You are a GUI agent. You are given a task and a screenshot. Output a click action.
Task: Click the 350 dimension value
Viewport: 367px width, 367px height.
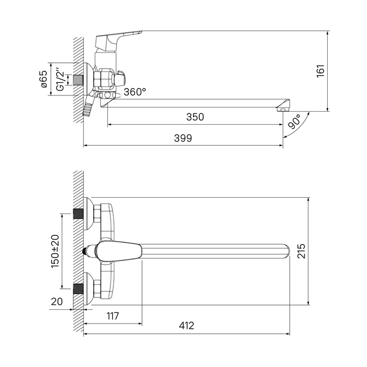[195, 117]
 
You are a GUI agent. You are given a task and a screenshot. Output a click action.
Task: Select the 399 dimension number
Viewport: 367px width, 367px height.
[183, 138]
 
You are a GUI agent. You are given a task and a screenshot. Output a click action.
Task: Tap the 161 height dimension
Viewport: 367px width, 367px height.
[321, 71]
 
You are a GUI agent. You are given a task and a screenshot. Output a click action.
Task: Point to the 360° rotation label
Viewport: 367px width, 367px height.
[135, 92]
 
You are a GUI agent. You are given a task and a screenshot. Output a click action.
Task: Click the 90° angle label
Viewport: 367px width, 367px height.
[295, 122]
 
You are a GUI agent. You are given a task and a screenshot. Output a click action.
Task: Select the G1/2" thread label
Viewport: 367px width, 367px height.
[60, 79]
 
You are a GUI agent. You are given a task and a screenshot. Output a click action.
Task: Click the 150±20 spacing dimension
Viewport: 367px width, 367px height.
[55, 251]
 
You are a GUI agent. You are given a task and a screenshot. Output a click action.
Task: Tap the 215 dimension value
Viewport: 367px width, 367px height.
[301, 251]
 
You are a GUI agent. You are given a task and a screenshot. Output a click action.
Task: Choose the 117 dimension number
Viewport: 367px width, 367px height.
[113, 316]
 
